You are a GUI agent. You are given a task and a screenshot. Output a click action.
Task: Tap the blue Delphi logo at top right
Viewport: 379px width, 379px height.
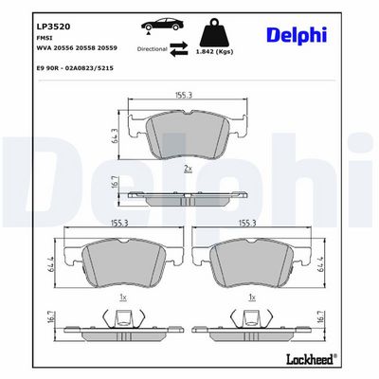(x=297, y=36)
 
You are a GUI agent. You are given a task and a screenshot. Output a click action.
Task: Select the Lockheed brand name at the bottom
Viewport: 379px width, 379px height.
(x=311, y=359)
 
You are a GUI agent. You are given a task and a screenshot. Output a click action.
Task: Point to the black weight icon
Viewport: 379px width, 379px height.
(x=215, y=32)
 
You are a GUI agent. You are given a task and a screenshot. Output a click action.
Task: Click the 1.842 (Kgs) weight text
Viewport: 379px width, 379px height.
(x=214, y=52)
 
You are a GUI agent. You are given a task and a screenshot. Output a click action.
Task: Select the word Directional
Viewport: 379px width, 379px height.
(x=152, y=49)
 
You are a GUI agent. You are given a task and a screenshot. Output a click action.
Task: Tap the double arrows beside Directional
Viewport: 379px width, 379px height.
(x=179, y=49)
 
